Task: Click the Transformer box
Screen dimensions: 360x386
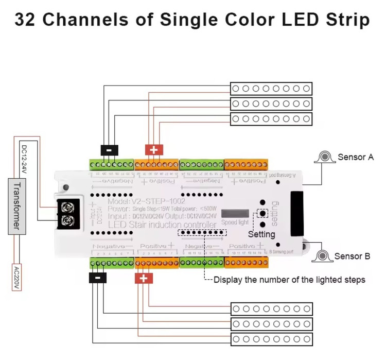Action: [x=17, y=205]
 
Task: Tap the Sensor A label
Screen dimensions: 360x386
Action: [x=355, y=157]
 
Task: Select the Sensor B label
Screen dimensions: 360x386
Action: [x=352, y=256]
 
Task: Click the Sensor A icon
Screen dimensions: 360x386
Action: [x=324, y=157]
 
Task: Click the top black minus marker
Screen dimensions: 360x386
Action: [x=109, y=150]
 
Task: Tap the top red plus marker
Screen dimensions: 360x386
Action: [x=154, y=150]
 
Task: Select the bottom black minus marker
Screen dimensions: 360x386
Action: [x=98, y=278]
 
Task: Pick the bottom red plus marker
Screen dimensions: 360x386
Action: [x=144, y=279]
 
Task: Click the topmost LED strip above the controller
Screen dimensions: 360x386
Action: [x=271, y=89]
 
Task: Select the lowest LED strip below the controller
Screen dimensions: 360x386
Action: [x=271, y=339]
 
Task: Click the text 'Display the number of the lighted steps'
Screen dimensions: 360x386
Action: [x=289, y=280]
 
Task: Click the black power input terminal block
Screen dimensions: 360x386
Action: [x=68, y=214]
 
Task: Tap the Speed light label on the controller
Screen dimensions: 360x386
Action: [x=235, y=222]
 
